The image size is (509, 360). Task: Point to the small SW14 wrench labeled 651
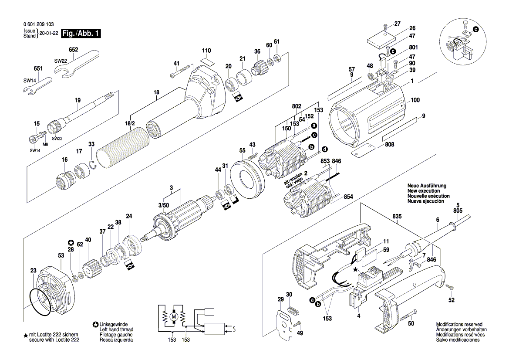click(37, 86)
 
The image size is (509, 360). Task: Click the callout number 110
click(206, 50)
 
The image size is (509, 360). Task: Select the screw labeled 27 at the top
click(385, 27)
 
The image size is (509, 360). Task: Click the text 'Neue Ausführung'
click(427, 186)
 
